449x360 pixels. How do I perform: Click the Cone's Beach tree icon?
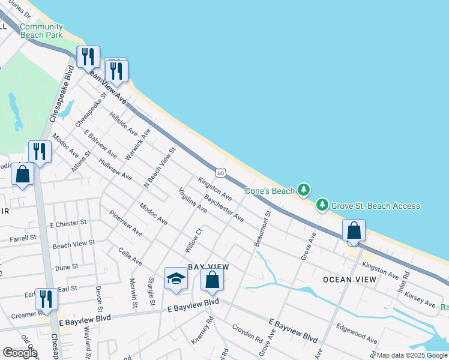304,191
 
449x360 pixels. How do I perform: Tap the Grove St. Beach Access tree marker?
323,206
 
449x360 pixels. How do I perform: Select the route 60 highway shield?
221,173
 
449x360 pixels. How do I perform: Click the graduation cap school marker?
176,278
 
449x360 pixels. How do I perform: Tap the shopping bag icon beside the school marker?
212,280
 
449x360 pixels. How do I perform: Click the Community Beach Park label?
41,31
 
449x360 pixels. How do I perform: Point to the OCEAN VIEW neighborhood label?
349,280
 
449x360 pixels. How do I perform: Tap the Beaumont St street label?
263,228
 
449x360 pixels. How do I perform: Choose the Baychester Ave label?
224,208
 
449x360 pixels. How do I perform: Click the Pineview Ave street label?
125,223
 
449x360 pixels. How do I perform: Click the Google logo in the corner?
20,353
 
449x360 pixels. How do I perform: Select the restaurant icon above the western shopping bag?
40,151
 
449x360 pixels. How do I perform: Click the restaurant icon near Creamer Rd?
46,298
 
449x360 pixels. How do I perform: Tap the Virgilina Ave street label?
193,201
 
